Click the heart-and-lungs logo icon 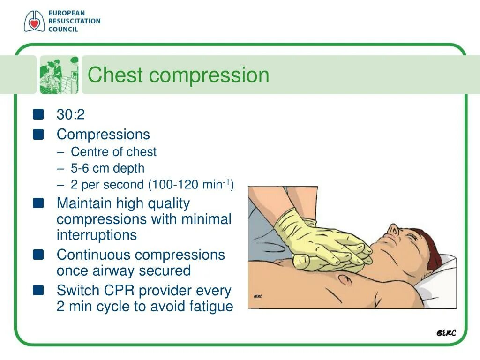coord(34,22)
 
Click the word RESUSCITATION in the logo coord(74,21)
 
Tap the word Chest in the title coord(112,75)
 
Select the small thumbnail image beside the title coord(59,75)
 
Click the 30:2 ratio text coord(70,115)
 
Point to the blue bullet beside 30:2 coord(38,114)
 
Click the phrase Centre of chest coord(113,152)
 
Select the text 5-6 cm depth coord(107,168)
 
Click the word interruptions coord(97,235)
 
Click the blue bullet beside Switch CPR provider coord(38,291)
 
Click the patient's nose coord(393,229)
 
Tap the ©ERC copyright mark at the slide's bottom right coord(446,333)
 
